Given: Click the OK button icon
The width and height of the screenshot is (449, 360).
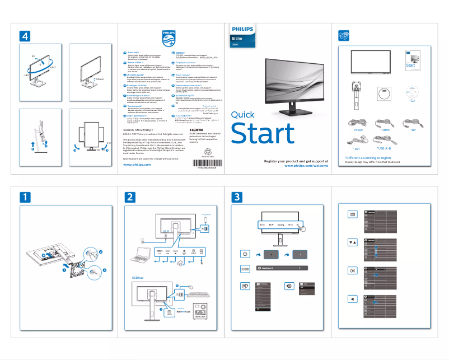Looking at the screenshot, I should [352, 270].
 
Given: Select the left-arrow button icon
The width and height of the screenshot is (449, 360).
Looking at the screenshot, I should [352, 298].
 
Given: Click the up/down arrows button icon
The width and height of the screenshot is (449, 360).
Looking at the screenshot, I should [352, 242].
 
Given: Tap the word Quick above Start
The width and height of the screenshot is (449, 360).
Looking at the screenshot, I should [242, 115].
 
